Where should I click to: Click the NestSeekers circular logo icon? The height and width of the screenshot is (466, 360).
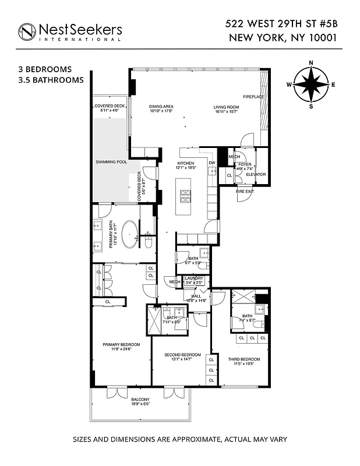(x=27, y=32)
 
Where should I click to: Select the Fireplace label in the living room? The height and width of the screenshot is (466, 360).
(x=253, y=96)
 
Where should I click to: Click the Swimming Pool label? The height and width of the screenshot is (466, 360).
(x=111, y=161)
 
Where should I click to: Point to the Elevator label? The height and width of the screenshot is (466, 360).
(x=256, y=174)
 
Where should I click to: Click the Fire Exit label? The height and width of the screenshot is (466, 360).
(x=245, y=190)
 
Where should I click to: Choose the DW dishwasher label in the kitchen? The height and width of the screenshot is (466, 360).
(x=212, y=163)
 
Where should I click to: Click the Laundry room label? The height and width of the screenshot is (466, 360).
(x=193, y=278)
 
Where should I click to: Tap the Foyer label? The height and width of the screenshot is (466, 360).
(x=245, y=165)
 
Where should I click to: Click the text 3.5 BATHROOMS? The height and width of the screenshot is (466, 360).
(x=51, y=80)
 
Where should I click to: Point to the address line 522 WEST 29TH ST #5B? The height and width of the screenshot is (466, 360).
(x=281, y=24)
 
